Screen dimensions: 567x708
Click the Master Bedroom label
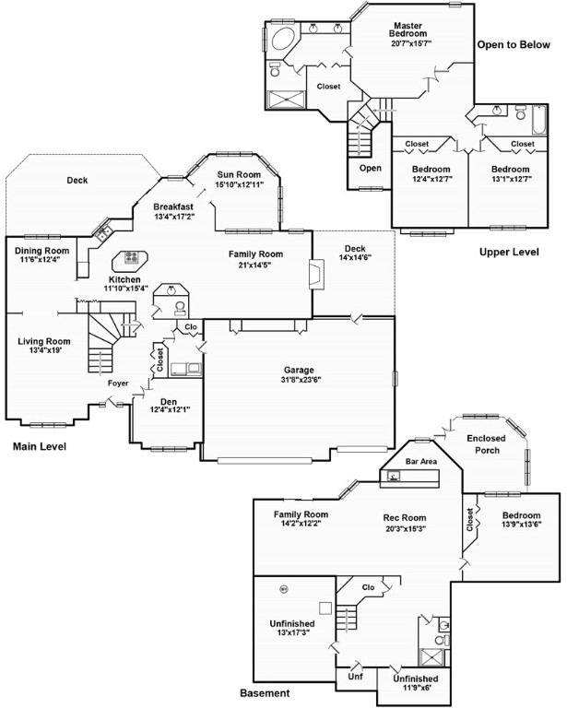408,29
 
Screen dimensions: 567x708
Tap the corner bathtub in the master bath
283,39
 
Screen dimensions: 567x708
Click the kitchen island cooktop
131,257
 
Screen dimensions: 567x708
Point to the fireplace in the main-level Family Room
316,275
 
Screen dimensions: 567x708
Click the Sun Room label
239,175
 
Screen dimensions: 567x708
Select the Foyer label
118,383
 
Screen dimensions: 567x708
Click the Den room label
169,402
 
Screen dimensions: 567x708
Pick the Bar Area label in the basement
421,462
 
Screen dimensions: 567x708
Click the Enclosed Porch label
486,444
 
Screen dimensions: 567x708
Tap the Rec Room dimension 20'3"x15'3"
406,528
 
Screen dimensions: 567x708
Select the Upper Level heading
509,252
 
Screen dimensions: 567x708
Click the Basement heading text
265,693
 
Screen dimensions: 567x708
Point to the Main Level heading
40,446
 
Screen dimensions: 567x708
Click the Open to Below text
514,44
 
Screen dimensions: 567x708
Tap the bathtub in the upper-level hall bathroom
539,120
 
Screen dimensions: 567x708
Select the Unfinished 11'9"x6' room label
415,683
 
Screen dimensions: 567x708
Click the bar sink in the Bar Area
394,476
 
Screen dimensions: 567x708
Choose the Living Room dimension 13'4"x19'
45,350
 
